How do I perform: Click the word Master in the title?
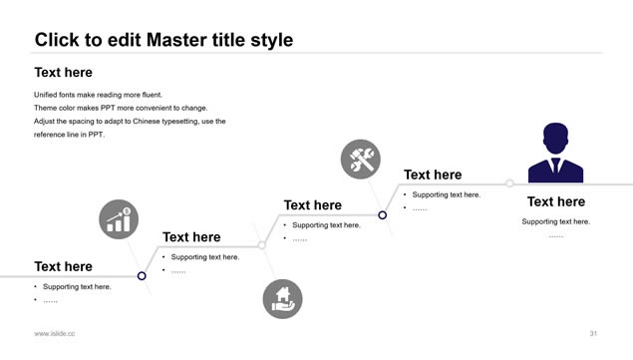(175, 40)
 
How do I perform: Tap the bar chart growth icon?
(119, 219)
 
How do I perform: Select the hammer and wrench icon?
(361, 160)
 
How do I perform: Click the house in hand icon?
(282, 299)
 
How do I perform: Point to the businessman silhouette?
(555, 153)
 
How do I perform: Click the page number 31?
(593, 333)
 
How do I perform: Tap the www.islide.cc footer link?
(55, 333)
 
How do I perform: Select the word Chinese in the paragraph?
(147, 122)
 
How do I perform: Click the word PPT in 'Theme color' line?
(109, 108)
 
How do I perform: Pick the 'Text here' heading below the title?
(64, 73)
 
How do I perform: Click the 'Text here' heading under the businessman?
(556, 201)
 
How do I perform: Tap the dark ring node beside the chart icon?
(142, 276)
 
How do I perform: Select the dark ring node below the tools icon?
(382, 215)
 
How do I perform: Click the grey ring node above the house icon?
(261, 245)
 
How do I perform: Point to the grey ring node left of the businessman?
(509, 183)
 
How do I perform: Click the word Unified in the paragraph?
(45, 95)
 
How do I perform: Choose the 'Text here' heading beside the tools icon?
(433, 175)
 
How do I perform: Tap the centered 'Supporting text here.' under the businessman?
(556, 221)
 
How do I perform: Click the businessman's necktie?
(555, 165)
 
